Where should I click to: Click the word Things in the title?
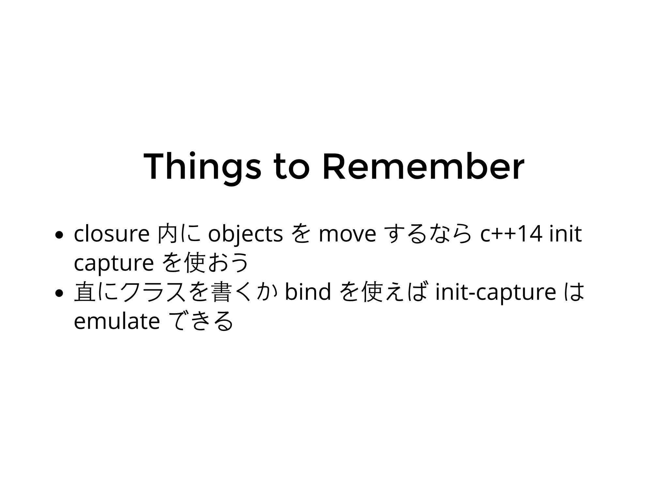pyautogui.click(x=202, y=167)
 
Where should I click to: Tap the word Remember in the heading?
pyautogui.click(x=423, y=167)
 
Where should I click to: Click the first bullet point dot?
pyautogui.click(x=59, y=235)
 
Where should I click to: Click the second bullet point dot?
pyautogui.click(x=59, y=293)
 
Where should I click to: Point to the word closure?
pyautogui.click(x=112, y=234)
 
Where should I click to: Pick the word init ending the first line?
pyautogui.click(x=566, y=234)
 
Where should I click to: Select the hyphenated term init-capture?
pyautogui.click(x=496, y=292)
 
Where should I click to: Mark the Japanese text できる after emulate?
pyautogui.click(x=202, y=322)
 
